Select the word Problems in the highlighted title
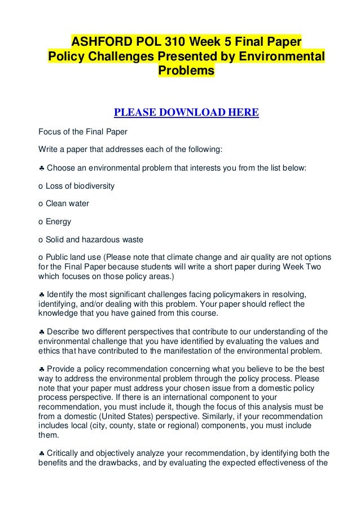[186, 72]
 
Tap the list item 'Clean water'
[63, 203]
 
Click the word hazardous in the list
[104, 239]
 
